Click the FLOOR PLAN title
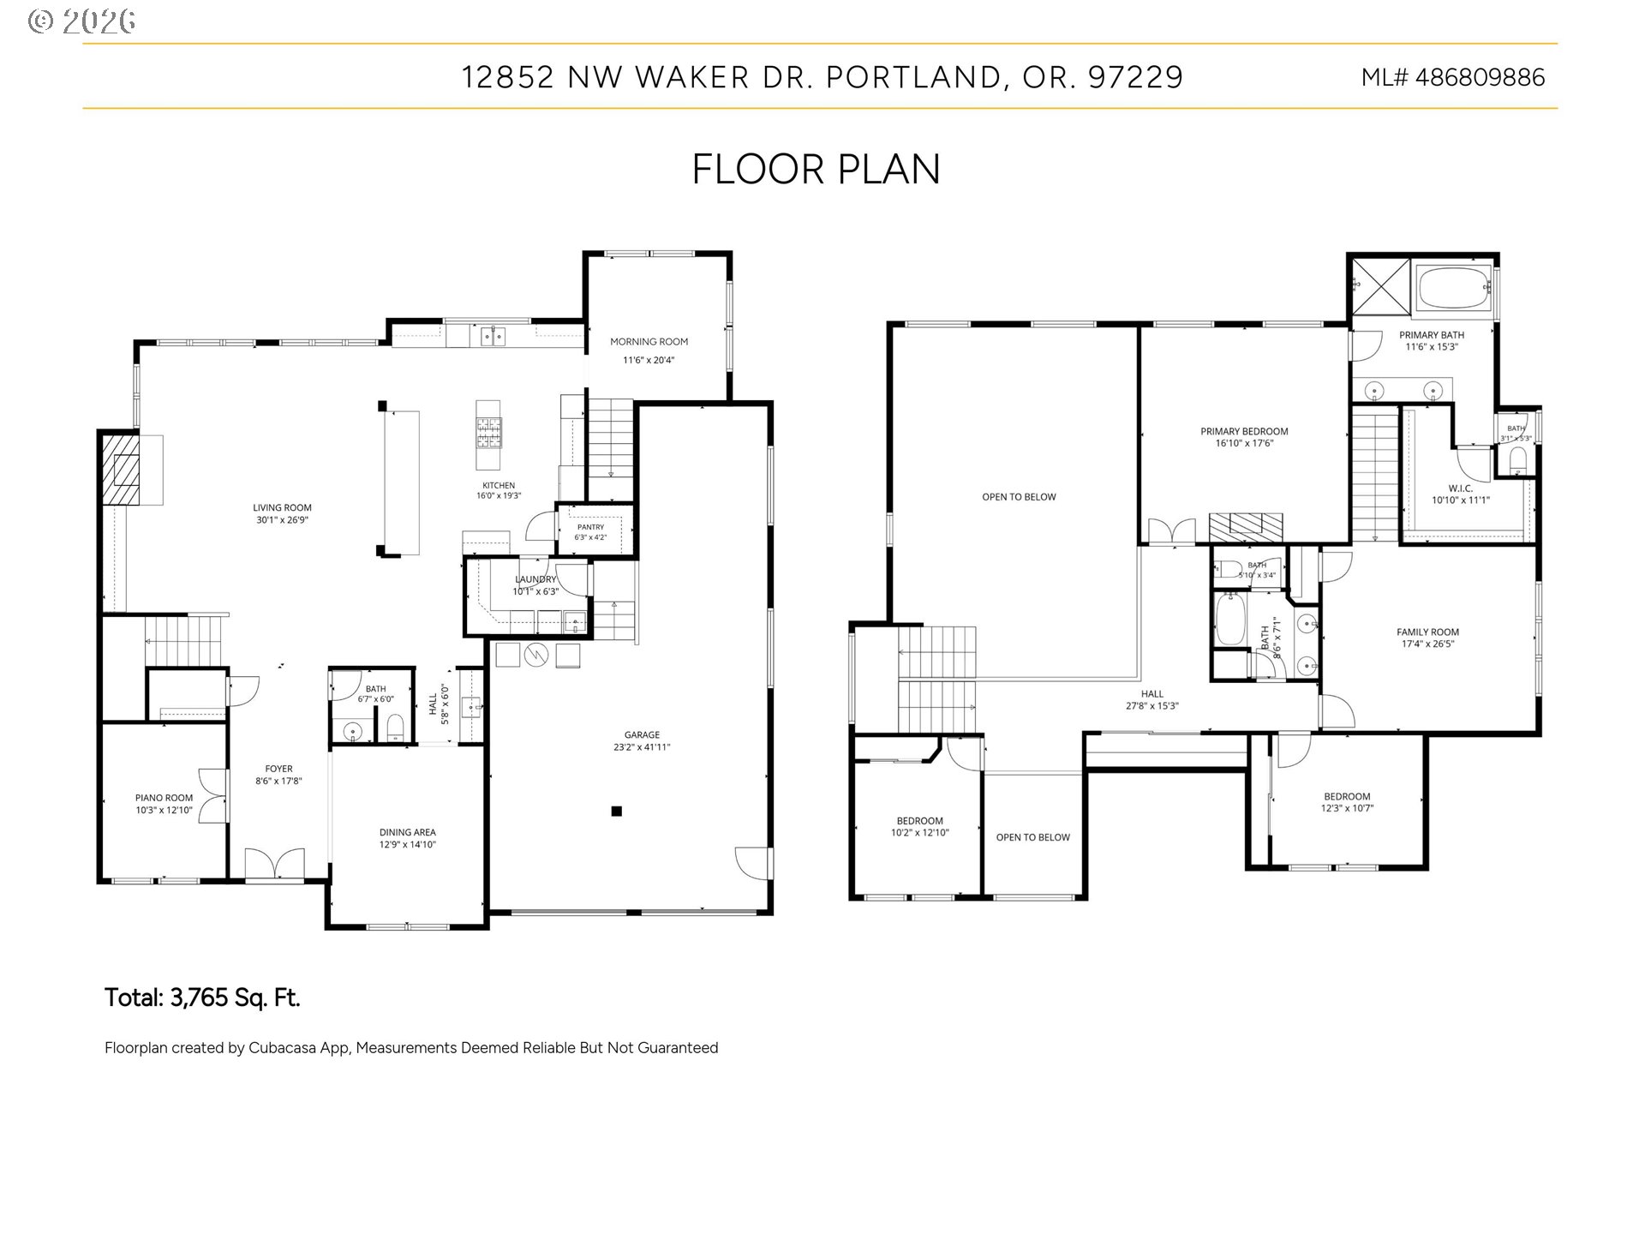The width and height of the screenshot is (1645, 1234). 816,170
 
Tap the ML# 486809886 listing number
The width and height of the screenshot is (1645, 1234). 1453,78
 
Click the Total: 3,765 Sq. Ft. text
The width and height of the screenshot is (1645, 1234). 202,997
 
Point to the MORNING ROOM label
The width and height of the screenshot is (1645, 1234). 649,342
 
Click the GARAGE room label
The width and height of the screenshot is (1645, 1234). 642,734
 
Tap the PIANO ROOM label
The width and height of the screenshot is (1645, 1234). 164,798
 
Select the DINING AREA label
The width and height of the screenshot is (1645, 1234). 407,832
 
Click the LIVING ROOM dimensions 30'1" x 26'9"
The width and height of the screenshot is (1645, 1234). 282,520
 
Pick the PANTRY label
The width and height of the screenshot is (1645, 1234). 590,528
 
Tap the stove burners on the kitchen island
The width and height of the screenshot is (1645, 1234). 489,433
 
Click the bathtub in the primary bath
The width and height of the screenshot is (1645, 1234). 1453,289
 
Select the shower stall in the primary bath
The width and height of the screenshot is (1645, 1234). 1380,288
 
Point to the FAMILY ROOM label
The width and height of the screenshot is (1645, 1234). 1427,632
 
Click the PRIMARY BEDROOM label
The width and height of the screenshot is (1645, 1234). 1244,432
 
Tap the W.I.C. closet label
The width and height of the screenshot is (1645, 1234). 1461,488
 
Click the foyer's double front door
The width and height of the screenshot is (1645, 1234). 274,864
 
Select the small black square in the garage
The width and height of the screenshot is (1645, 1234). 616,811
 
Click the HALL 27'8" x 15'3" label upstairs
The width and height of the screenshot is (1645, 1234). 1152,700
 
